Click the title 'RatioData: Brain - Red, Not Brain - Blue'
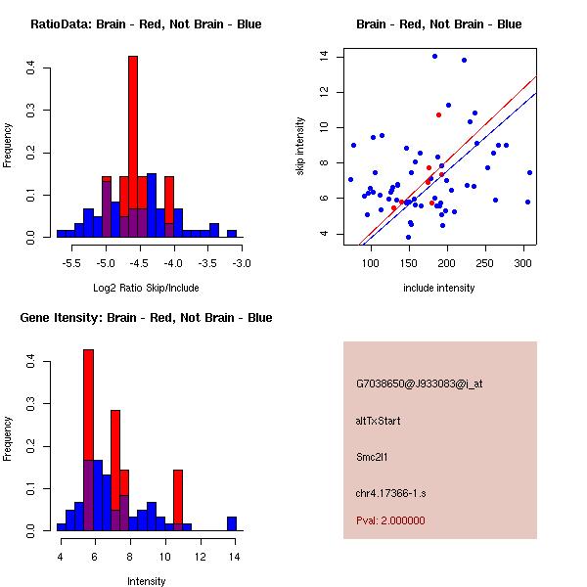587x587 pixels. [x=146, y=24]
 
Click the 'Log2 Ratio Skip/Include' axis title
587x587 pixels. [x=146, y=288]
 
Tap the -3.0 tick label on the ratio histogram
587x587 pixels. [x=242, y=263]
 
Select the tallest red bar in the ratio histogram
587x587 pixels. [x=133, y=147]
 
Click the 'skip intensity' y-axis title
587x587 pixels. [x=301, y=147]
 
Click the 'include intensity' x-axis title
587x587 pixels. [x=438, y=288]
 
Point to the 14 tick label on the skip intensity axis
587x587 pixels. [x=323, y=57]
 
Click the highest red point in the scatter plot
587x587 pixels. [x=438, y=114]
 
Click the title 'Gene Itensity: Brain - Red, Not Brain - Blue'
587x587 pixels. [x=146, y=318]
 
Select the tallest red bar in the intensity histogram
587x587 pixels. [x=88, y=440]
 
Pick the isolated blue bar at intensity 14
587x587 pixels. [x=232, y=523]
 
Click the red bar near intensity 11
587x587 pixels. [x=178, y=499]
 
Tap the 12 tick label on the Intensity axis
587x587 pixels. [x=200, y=557]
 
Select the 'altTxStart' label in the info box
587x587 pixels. [x=379, y=421]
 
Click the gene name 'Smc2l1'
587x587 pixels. [x=373, y=456]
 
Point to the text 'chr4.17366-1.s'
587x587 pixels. [x=391, y=491]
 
